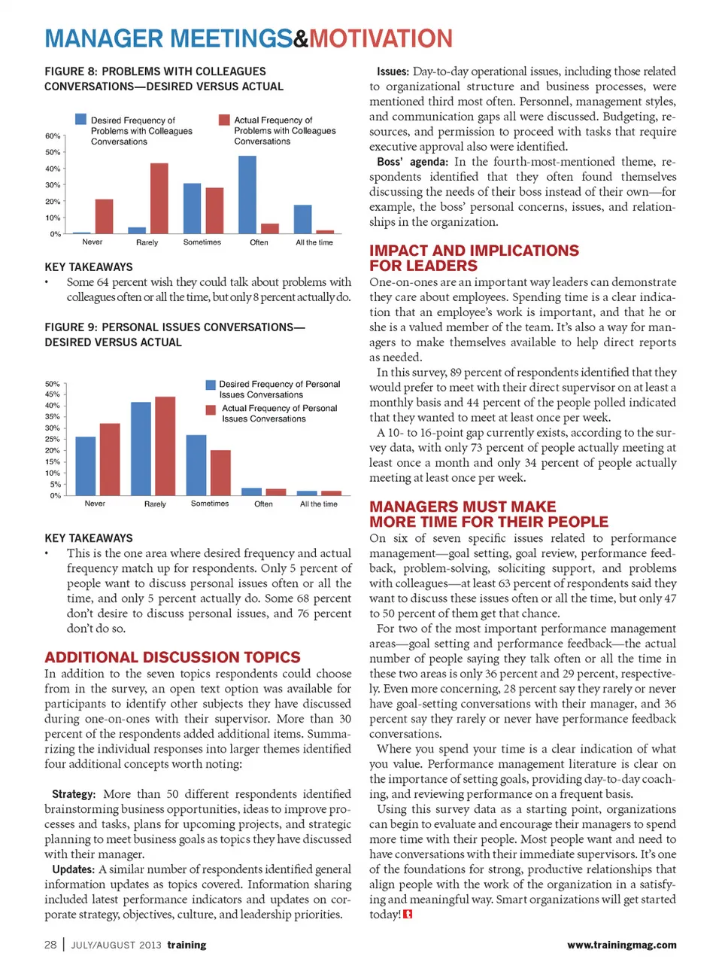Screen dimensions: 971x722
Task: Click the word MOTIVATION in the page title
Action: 381,38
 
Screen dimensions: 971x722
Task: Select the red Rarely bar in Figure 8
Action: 159,198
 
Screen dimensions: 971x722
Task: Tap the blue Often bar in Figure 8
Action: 247,194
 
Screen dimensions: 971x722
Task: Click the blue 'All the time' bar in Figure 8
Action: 302,219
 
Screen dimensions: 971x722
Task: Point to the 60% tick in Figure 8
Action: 53,136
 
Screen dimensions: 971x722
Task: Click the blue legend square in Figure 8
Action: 80,120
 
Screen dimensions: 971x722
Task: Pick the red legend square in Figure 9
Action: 211,409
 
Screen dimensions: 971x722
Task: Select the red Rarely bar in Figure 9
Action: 165,446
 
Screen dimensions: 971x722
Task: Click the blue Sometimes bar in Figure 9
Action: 196,464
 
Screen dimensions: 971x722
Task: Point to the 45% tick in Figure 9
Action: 52,394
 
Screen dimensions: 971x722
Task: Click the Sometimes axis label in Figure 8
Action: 202,242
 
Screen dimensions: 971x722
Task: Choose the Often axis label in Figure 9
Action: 263,504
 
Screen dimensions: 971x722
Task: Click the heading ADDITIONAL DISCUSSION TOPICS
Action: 172,657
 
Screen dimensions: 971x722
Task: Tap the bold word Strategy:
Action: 74,794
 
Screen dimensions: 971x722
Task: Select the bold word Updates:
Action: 73,869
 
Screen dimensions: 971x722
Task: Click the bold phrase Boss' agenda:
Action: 412,162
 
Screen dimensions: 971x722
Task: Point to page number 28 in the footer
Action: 50,945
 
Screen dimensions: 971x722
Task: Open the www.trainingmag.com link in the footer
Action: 621,945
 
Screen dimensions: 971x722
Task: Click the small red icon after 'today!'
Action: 408,915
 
